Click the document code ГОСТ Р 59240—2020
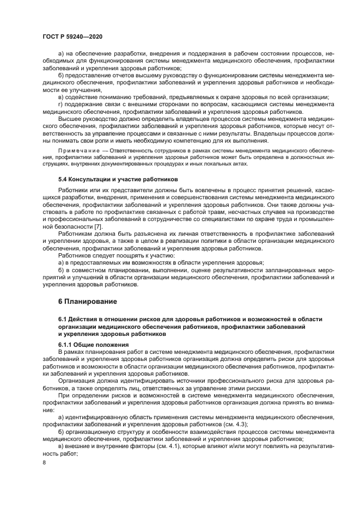[x=72, y=36]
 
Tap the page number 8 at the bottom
[x=45, y=462]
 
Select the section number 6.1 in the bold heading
[x=63, y=318]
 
